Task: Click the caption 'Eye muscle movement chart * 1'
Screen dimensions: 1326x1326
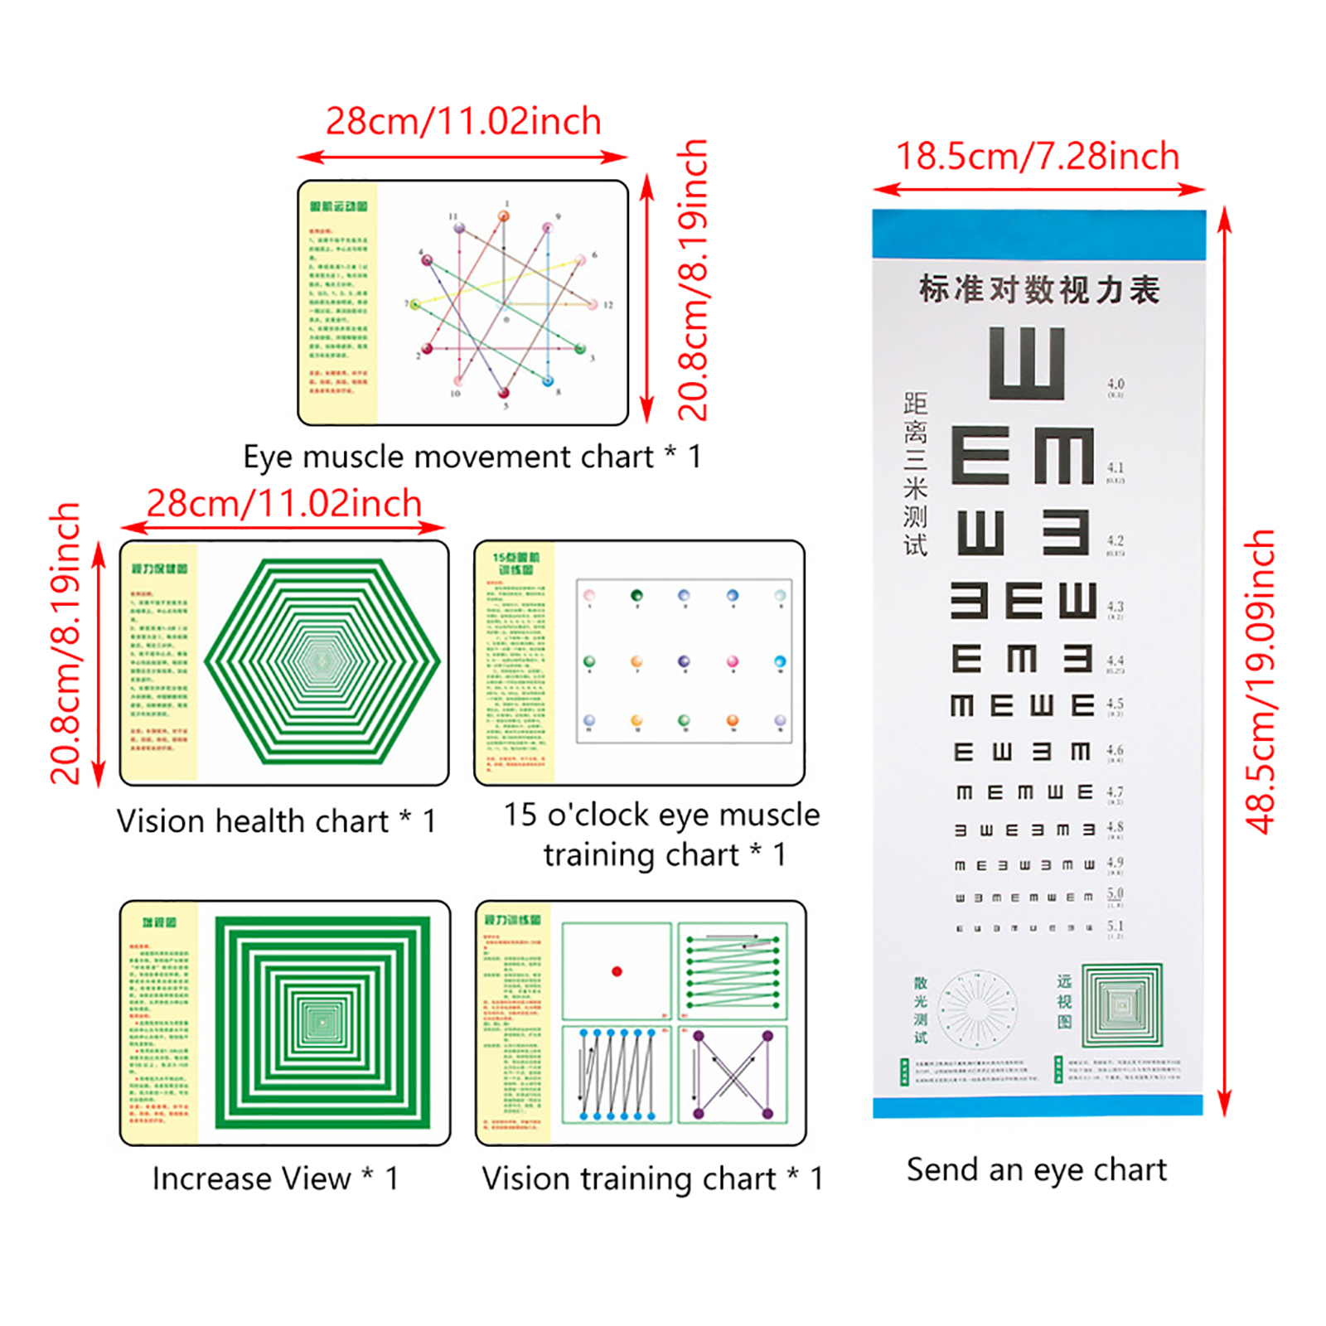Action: click(472, 457)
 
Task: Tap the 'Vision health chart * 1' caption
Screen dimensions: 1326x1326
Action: click(276, 821)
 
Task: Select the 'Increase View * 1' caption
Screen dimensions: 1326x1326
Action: click(275, 1178)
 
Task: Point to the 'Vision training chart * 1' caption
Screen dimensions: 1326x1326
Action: click(652, 1178)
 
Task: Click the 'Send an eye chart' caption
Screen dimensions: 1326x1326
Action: click(1036, 1169)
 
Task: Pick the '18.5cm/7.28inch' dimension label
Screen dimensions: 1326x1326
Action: click(1038, 157)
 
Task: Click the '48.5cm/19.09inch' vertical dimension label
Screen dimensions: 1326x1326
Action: click(1260, 681)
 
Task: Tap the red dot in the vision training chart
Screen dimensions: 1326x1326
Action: click(617, 971)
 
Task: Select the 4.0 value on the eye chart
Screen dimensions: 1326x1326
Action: click(1115, 385)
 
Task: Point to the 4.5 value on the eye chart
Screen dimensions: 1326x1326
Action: click(1115, 704)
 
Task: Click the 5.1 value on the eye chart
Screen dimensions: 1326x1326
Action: click(1115, 926)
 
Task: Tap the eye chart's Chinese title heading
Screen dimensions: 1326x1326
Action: click(1038, 290)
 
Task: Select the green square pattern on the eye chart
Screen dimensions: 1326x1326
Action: click(1122, 1005)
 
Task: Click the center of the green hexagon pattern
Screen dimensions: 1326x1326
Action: click(322, 661)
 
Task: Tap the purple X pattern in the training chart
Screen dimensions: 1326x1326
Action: click(733, 1074)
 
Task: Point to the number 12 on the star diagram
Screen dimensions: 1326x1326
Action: click(607, 305)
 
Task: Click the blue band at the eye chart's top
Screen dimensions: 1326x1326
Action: click(1038, 234)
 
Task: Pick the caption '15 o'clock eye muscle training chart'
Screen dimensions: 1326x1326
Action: click(661, 834)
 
